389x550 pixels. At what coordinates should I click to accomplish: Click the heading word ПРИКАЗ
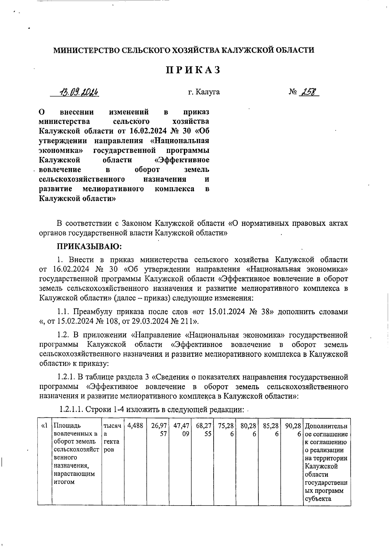click(x=194, y=70)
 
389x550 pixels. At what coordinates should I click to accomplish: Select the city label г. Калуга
click(x=204, y=92)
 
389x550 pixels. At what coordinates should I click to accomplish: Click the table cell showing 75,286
click(x=226, y=430)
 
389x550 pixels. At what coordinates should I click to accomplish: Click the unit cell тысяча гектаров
click(x=111, y=438)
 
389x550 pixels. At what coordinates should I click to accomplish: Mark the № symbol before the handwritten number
click(x=293, y=92)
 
